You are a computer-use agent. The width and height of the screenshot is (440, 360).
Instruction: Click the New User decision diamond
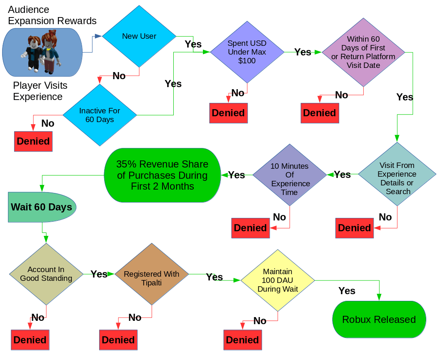coord(139,36)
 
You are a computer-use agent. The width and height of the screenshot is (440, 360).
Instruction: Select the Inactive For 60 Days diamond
coord(100,115)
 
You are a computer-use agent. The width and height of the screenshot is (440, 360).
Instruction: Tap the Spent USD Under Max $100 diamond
coord(247,52)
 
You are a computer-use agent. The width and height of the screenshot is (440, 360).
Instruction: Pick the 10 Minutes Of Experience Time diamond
coord(290,175)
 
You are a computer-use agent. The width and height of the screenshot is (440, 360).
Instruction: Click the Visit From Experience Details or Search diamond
coord(397,174)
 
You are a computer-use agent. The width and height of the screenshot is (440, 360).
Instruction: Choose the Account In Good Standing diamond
coord(46,274)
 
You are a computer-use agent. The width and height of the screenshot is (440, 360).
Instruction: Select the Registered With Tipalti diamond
coord(152,274)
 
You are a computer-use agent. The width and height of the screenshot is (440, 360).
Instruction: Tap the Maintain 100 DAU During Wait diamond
coord(277,280)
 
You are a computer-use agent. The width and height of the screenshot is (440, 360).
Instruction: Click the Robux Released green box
coord(379,320)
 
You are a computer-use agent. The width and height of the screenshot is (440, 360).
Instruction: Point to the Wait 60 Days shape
coord(42,207)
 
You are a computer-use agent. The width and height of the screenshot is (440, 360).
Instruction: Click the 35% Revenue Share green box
coord(162,175)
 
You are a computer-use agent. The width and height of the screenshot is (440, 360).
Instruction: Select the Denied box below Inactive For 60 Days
coord(33,141)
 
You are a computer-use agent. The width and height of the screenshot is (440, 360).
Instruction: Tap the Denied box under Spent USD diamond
coord(228,113)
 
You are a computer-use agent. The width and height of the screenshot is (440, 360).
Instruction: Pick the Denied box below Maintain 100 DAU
coord(242,340)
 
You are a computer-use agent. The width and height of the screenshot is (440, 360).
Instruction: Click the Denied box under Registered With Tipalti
coord(118,340)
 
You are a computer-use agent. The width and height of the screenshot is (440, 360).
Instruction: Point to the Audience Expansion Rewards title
coord(52,15)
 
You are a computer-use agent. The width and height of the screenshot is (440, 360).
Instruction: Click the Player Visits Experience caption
coord(40,91)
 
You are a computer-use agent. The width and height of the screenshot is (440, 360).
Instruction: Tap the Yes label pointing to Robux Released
coord(347,291)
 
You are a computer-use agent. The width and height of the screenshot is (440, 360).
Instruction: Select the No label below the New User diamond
coord(119,76)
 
